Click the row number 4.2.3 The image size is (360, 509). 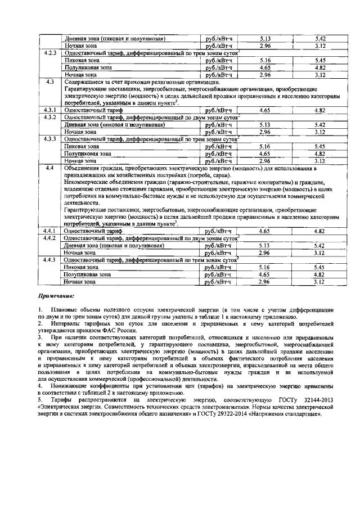coord(49,52)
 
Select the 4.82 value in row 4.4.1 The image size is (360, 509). coord(320,231)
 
